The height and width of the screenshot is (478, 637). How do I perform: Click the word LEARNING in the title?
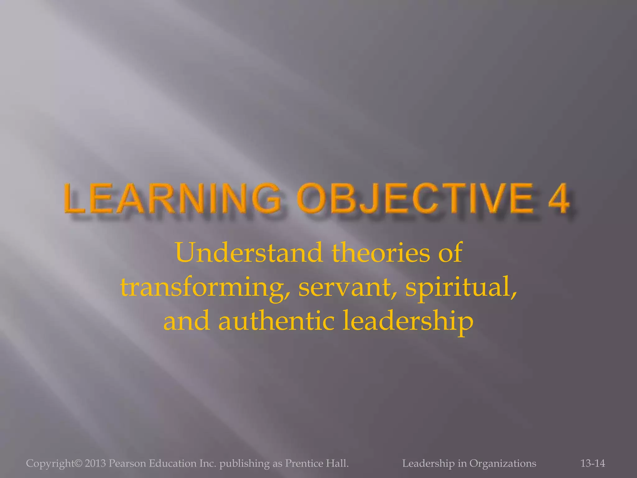[x=173, y=198]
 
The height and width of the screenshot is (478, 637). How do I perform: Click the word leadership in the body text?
[x=408, y=321]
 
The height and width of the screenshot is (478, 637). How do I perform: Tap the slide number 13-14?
[x=593, y=463]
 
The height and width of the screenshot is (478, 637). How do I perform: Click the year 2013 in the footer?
[x=95, y=463]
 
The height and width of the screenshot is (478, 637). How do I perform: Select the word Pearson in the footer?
[x=128, y=463]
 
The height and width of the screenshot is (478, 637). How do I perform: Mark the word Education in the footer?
[x=170, y=463]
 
